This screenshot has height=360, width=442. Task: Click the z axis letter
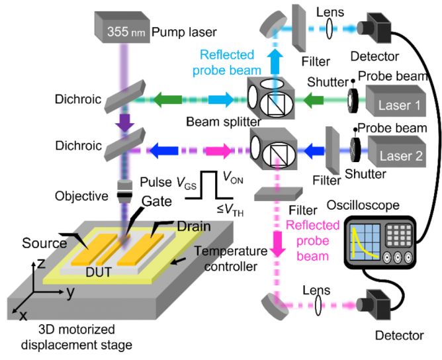point(40,263)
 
